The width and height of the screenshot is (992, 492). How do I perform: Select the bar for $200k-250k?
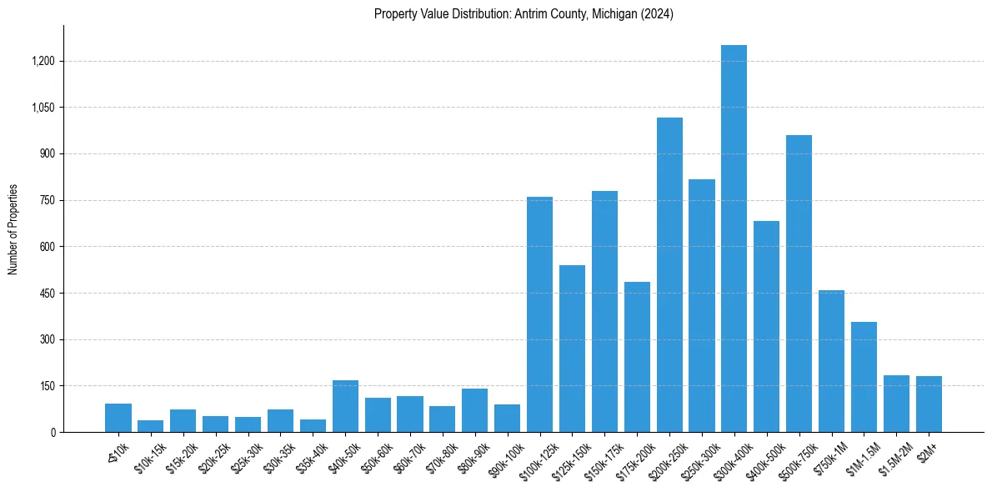click(669, 275)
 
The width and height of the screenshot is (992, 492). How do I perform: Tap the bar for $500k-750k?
click(799, 284)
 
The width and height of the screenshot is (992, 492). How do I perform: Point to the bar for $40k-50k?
click(345, 406)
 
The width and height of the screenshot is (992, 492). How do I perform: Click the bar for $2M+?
click(929, 404)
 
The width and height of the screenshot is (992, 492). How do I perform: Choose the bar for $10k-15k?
click(150, 426)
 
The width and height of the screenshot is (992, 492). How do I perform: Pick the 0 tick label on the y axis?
click(53, 433)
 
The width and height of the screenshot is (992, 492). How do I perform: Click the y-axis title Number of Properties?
click(13, 229)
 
